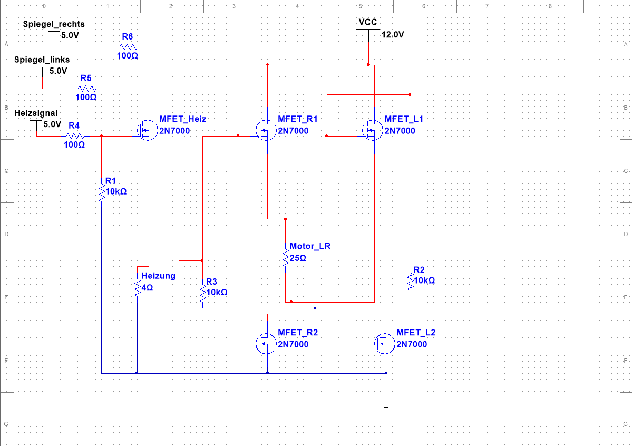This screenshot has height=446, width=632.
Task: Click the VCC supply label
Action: pyautogui.click(x=367, y=22)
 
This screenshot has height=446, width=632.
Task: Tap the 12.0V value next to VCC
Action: pyautogui.click(x=392, y=35)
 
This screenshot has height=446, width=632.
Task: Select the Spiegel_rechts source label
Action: pyautogui.click(x=53, y=24)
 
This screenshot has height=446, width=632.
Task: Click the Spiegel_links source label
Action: pyautogui.click(x=42, y=60)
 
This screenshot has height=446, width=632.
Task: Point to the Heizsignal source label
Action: pyautogui.click(x=36, y=113)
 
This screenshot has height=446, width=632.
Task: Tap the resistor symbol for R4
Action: pyautogui.click(x=74, y=135)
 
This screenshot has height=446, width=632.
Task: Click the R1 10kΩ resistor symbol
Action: pyautogui.click(x=101, y=193)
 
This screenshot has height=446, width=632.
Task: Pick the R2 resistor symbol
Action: pyautogui.click(x=410, y=281)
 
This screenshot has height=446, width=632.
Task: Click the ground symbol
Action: pyautogui.click(x=386, y=404)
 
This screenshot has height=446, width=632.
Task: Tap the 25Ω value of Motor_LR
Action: pyautogui.click(x=298, y=258)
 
